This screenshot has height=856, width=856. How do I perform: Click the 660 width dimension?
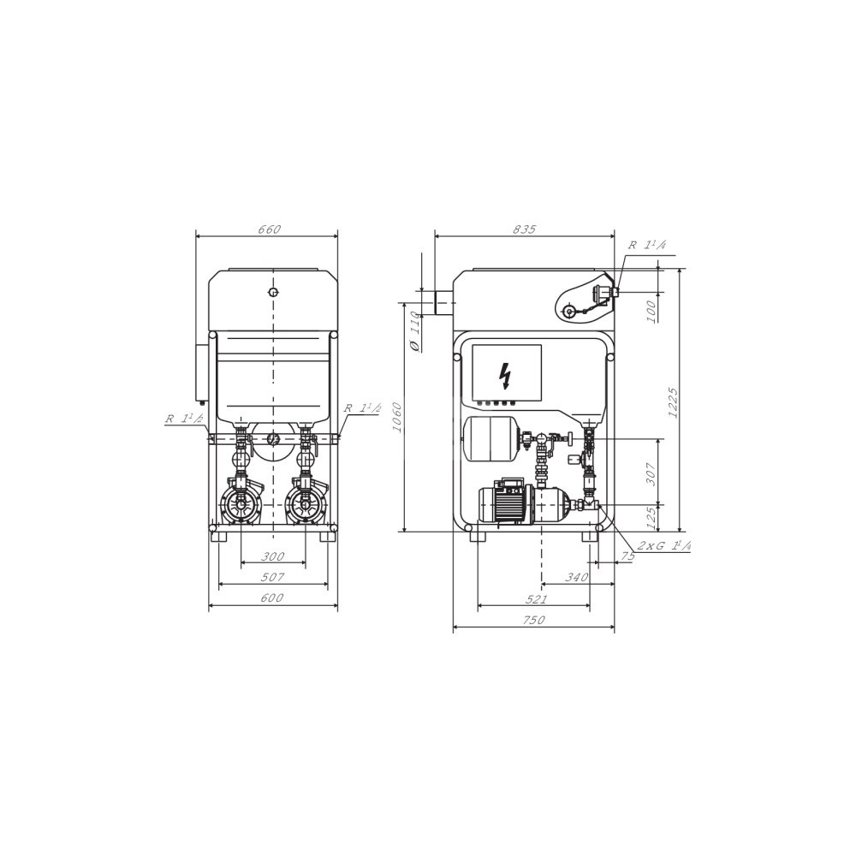269,229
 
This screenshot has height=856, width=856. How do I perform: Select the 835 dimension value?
525,229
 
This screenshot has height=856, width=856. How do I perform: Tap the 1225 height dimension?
672,403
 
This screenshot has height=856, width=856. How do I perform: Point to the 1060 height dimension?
397,417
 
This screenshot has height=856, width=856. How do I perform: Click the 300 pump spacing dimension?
272,556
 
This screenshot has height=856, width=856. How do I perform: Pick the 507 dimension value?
272,577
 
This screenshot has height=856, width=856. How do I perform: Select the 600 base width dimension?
272,597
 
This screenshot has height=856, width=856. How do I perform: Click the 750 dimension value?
533,620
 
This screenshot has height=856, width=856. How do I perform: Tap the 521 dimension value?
536,599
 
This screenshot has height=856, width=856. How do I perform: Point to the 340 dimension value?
576,577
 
